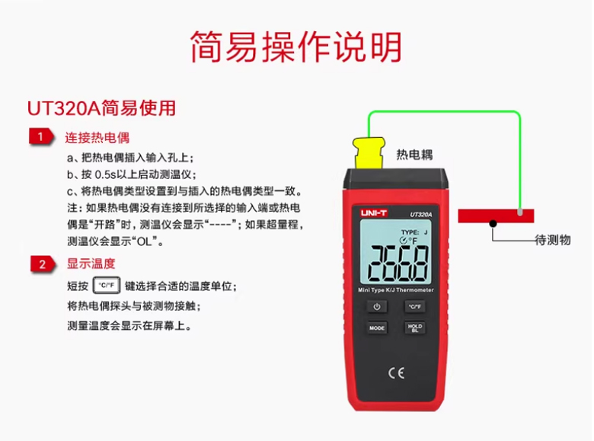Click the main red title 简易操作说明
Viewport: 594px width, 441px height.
(296, 46)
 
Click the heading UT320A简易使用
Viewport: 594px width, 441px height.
(101, 108)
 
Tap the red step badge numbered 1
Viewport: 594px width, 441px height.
(41, 136)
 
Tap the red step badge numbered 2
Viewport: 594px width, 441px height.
(43, 264)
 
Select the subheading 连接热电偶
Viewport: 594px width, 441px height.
(97, 138)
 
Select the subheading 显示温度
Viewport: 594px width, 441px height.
(91, 264)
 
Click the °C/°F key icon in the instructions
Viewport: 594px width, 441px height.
(107, 286)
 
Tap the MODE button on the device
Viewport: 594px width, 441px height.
(377, 328)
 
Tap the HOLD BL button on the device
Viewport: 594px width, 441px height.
(415, 328)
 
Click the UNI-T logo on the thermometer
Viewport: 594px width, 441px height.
(373, 213)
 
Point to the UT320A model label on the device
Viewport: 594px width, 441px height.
(421, 215)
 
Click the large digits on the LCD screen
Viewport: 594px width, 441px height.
(398, 264)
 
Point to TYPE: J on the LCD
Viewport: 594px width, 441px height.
(414, 232)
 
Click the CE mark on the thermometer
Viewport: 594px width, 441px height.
(397, 373)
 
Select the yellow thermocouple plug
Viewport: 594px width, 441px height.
(369, 153)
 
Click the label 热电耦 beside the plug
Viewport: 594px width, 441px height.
(414, 155)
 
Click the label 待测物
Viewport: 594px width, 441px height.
(553, 240)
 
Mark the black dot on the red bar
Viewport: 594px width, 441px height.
(493, 223)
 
